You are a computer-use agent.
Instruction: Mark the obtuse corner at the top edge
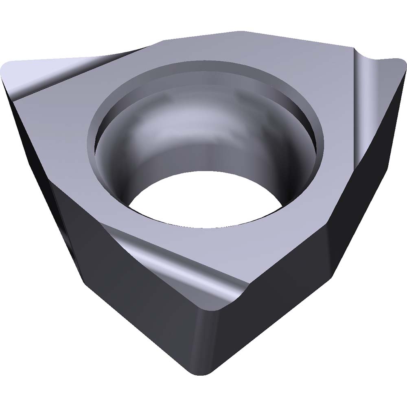coord(240,33)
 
